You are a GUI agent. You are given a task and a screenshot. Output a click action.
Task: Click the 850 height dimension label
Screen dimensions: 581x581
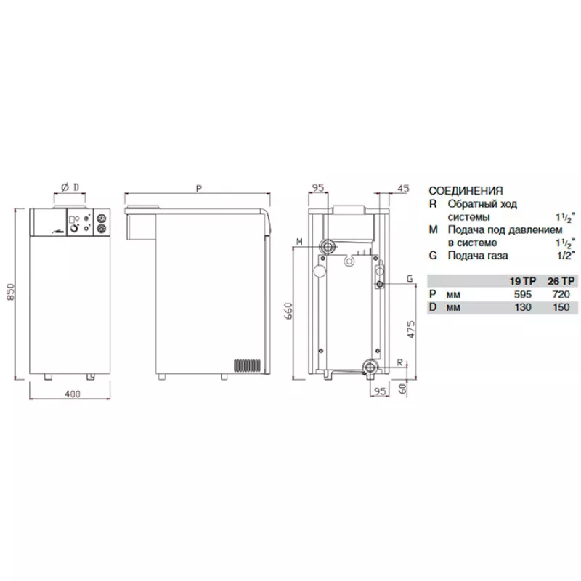pos(11,292)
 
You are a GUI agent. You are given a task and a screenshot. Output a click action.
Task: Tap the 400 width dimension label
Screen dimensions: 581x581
pos(72,394)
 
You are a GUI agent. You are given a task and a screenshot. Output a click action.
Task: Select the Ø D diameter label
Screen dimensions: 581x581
pos(70,187)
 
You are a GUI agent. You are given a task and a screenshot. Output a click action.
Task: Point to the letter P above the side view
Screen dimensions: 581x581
pos(199,189)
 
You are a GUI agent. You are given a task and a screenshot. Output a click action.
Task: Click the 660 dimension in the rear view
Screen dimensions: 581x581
pos(289,311)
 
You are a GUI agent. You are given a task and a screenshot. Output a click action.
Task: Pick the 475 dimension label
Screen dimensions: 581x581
pos(411,329)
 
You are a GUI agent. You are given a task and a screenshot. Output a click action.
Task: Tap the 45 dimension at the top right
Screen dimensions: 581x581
pos(403,189)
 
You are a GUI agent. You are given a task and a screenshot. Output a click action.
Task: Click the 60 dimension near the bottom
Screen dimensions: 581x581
pos(403,388)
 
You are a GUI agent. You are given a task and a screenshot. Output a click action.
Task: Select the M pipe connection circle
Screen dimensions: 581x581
pos(328,246)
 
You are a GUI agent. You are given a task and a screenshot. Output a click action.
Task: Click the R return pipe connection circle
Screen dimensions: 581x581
pos(370,367)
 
